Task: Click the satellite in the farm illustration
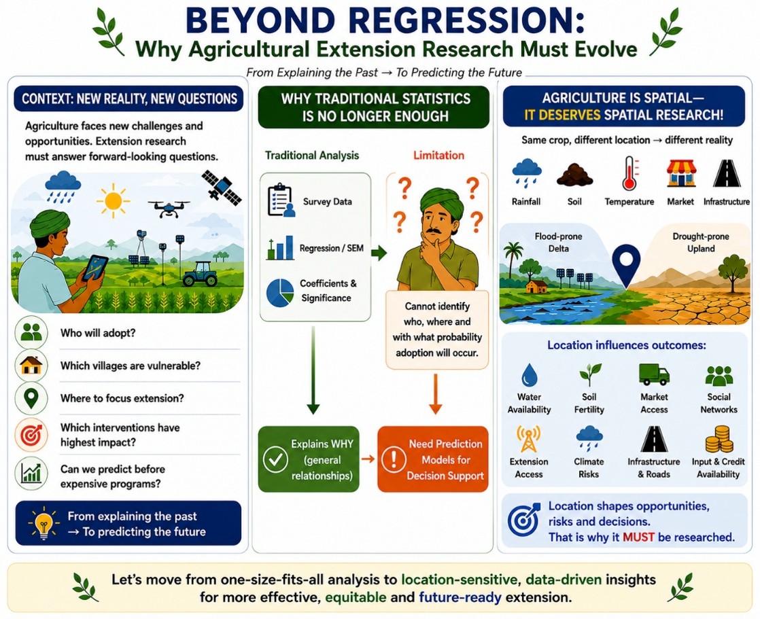pos(222,187)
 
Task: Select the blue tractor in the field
pos(200,274)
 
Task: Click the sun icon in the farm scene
pos(113,200)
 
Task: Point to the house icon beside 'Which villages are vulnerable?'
pos(31,365)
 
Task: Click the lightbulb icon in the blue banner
pos(44,524)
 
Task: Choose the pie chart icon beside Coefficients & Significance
pos(279,292)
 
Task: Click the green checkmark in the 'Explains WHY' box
pos(275,459)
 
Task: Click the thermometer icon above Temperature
pos(629,173)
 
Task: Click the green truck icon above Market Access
pos(654,374)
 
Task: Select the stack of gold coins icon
pos(719,440)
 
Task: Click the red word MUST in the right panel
pos(638,537)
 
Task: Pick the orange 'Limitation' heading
pos(438,155)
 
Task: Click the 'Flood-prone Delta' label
pos(558,242)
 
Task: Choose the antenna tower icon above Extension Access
pos(528,439)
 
